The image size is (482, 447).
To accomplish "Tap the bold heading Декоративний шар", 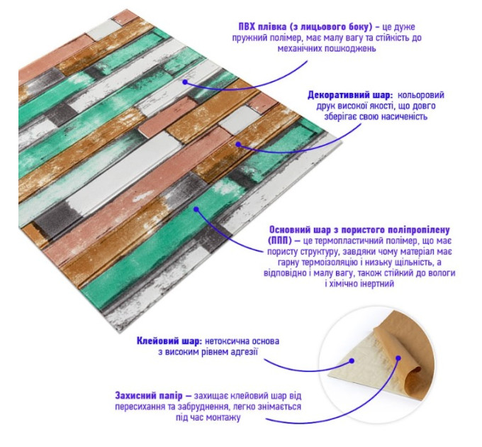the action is [x=350, y=95].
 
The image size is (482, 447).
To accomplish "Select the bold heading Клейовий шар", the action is [x=169, y=341].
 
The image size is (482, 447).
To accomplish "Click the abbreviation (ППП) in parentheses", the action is [x=279, y=241].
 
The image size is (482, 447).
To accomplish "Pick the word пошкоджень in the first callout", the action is [x=351, y=49].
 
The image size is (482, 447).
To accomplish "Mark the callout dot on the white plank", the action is [x=185, y=82].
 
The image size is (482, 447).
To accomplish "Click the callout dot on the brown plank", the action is [x=238, y=143].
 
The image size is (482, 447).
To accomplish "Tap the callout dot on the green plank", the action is [x=196, y=209].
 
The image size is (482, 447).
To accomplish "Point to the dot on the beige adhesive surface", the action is [x=352, y=360].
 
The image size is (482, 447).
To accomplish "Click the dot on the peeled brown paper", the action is [x=398, y=358].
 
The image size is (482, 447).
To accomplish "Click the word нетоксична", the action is [x=228, y=341].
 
